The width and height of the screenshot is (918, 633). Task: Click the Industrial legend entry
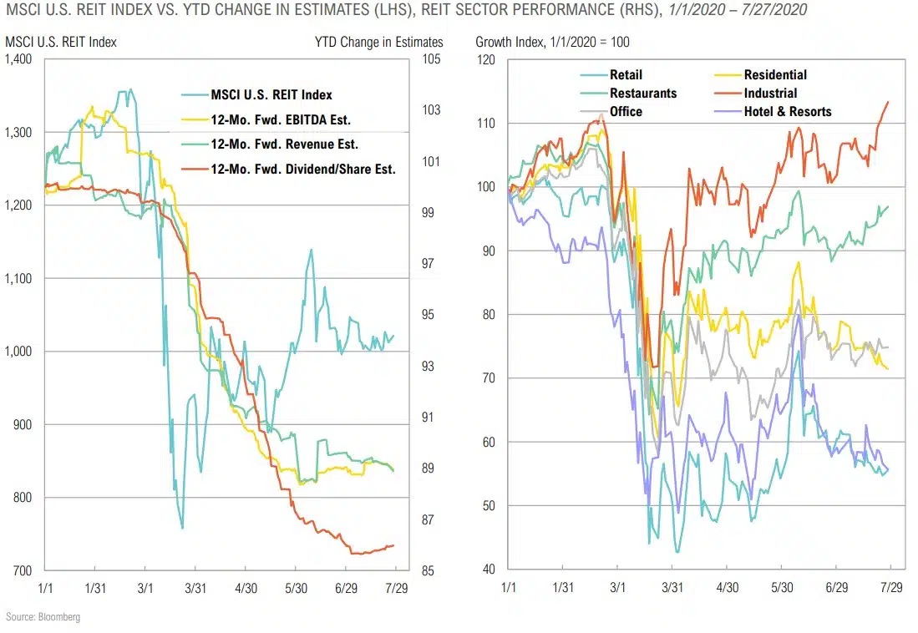[x=770, y=93]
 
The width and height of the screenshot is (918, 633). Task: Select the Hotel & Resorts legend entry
[x=788, y=111]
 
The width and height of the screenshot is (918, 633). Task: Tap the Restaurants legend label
[x=642, y=93]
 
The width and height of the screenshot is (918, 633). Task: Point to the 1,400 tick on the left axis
[x=18, y=59]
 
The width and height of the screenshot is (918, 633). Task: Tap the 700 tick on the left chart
[x=23, y=571]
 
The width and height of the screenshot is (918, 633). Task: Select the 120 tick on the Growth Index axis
[x=486, y=59]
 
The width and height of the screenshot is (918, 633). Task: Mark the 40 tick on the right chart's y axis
[x=489, y=570]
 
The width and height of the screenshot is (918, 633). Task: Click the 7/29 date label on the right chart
[x=890, y=587]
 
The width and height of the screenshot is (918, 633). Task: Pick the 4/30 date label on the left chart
[x=245, y=587]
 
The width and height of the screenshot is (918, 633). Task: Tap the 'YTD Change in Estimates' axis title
[x=378, y=41]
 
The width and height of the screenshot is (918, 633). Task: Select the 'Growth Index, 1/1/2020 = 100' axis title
[x=552, y=41]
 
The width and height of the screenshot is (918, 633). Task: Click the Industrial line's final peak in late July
[x=888, y=101]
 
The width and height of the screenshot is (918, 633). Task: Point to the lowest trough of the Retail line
[x=677, y=552]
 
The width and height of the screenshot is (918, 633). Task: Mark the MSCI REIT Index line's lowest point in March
[x=182, y=528]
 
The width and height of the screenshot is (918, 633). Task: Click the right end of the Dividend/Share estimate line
[x=393, y=545]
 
